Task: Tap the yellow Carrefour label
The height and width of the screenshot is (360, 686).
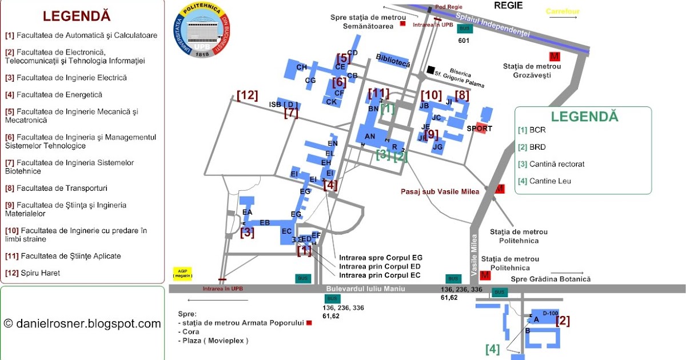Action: click(x=563, y=11)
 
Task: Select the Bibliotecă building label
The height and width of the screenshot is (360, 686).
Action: click(x=393, y=61)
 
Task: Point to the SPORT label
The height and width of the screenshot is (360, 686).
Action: click(x=479, y=129)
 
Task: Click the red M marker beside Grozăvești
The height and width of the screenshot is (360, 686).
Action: click(x=554, y=56)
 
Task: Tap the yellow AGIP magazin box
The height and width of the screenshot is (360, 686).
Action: click(x=182, y=273)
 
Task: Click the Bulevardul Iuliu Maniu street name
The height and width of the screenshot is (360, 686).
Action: click(x=365, y=289)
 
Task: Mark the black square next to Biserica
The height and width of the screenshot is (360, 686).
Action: click(x=430, y=70)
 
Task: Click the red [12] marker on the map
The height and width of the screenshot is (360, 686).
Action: click(x=248, y=96)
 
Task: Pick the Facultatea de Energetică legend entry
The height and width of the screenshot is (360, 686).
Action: click(x=54, y=95)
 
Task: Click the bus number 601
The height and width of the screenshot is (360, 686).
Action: click(x=464, y=41)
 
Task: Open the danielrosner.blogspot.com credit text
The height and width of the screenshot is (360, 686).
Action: click(x=82, y=324)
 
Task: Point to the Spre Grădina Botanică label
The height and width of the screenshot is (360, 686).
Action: click(x=551, y=279)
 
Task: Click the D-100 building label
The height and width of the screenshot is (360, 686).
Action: click(x=549, y=313)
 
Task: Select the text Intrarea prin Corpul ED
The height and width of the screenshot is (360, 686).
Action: click(x=380, y=266)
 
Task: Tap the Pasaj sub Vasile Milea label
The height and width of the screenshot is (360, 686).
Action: click(x=439, y=191)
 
